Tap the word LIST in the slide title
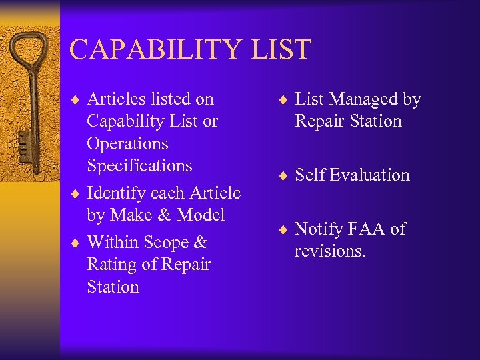(x=286, y=50)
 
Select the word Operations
(x=127, y=143)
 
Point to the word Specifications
(x=139, y=165)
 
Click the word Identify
(x=116, y=193)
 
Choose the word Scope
(x=167, y=243)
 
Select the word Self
(x=309, y=175)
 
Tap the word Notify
(x=318, y=229)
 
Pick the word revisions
(x=330, y=251)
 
